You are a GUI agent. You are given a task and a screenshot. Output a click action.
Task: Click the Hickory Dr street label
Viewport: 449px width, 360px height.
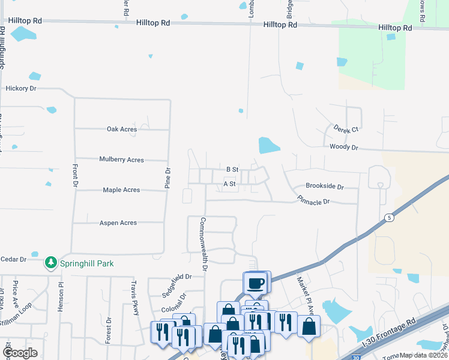21,88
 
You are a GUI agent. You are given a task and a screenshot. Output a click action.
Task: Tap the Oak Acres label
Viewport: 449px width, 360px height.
122,129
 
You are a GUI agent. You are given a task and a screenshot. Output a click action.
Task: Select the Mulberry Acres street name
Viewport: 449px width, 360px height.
121,160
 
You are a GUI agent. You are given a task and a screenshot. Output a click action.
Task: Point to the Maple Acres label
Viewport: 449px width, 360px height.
121,190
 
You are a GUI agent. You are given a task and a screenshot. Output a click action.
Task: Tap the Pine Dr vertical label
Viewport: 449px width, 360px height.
167,179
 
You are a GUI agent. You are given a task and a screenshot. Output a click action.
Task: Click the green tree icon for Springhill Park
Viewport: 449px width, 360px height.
51,263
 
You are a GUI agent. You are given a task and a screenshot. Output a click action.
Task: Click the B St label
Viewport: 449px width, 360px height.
232,170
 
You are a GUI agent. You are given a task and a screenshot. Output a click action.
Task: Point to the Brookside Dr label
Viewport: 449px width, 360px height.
324,187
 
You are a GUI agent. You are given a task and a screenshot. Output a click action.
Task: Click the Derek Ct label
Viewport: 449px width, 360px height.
346,129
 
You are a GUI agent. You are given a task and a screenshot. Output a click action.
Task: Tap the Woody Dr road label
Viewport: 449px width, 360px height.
343,147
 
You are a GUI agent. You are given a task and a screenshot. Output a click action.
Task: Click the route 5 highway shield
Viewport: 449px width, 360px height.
390,218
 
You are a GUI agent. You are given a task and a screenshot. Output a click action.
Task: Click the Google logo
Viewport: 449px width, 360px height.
20,353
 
